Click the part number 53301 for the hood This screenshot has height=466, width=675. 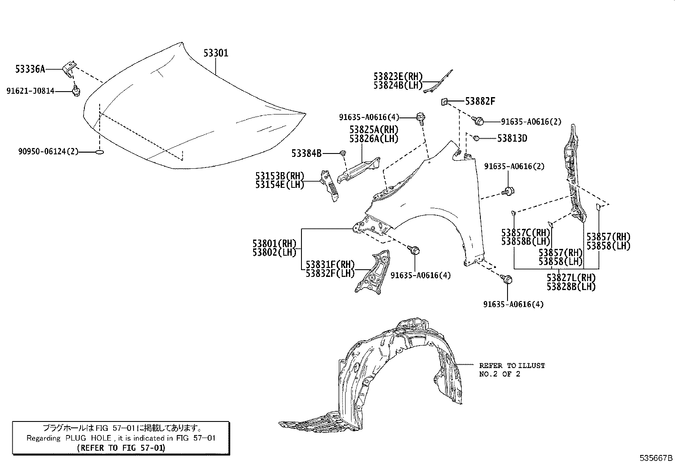(x=216, y=53)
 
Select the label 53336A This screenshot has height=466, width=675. (x=30, y=69)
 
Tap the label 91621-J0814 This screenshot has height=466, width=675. (x=31, y=91)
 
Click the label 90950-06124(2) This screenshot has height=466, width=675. (x=48, y=151)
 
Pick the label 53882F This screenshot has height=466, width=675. (x=480, y=101)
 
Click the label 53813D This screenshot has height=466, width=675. (x=512, y=138)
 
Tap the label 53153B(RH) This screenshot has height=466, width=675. (x=280, y=176)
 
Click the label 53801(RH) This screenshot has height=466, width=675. (x=274, y=243)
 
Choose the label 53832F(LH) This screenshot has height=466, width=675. (x=330, y=273)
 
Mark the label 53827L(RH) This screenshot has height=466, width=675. (x=571, y=278)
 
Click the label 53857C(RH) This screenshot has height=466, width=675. (x=525, y=233)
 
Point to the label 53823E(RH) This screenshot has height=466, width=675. (x=398, y=76)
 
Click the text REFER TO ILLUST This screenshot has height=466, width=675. (x=512, y=365)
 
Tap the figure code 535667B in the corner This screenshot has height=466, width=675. (x=656, y=458)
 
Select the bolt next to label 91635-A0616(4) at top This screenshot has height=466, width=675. (x=421, y=117)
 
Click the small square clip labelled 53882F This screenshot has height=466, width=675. (x=444, y=102)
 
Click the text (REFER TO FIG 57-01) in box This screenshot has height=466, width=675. (x=121, y=447)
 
